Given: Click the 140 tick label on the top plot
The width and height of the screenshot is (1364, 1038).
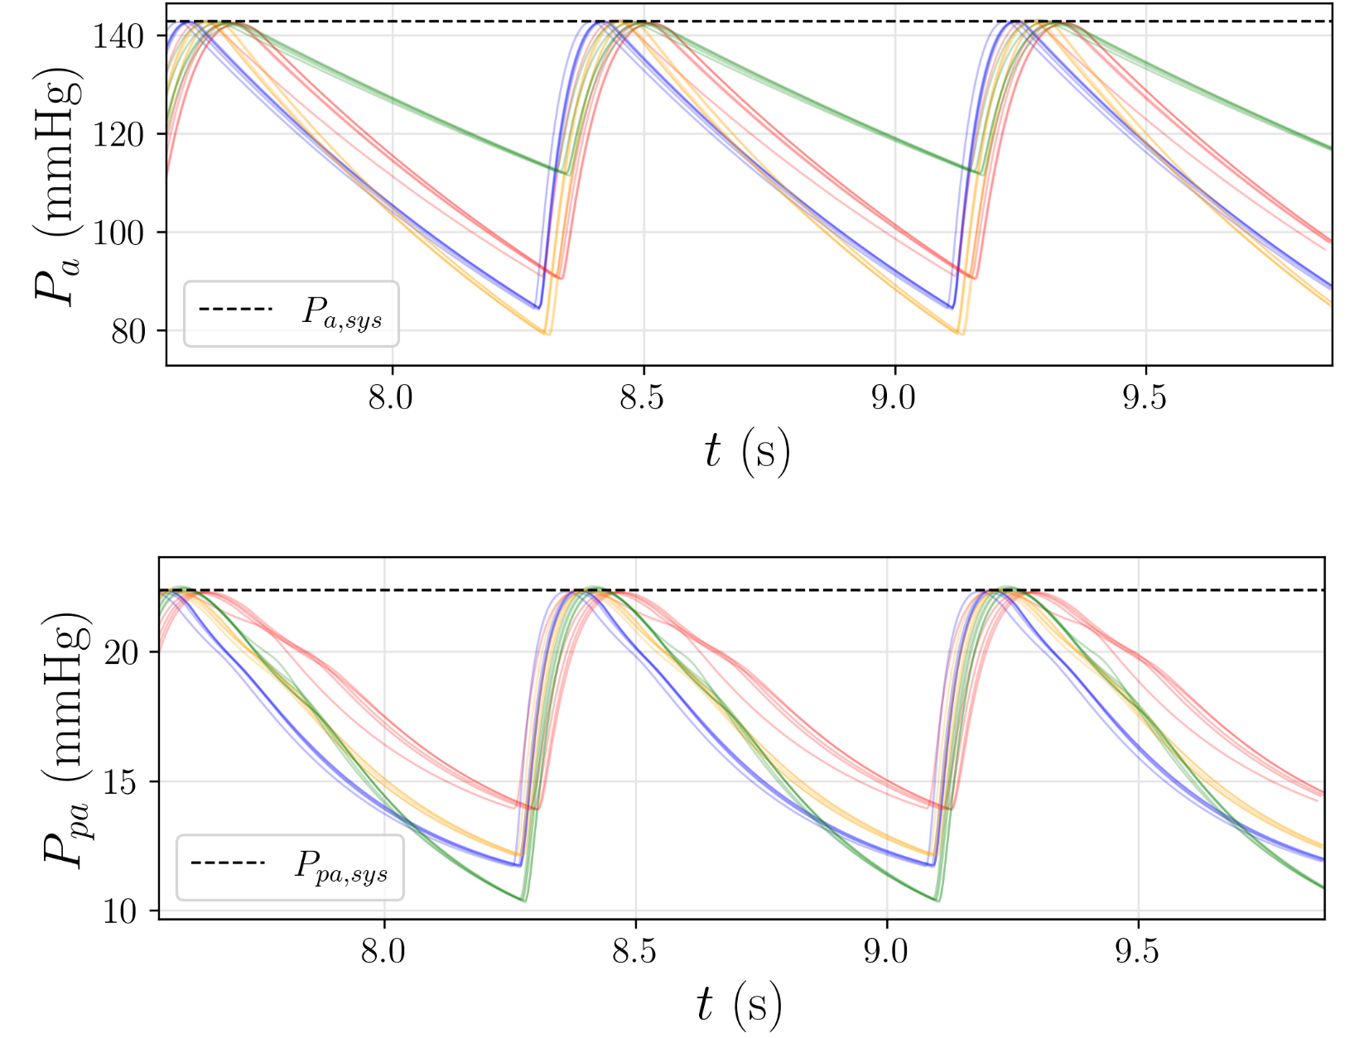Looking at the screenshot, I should pos(118,36).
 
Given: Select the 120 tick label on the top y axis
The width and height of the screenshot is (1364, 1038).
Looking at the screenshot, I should pos(118,134).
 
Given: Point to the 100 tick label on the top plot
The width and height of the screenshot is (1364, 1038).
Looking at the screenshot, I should pos(118,233).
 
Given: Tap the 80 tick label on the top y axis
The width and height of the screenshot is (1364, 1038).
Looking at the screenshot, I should pos(128,331).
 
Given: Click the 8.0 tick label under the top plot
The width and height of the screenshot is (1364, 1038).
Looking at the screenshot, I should pos(391,398).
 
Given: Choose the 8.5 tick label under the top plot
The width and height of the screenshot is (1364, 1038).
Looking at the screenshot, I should pos(642,398).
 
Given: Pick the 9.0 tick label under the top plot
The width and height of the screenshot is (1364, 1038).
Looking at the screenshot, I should pos(894,398).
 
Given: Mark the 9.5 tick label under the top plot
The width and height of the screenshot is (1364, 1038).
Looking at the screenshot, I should pos(1145,398).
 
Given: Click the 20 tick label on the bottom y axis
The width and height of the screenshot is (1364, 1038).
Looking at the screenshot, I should pos(121,653).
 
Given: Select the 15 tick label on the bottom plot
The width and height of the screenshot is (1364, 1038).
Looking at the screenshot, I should pos(121,782).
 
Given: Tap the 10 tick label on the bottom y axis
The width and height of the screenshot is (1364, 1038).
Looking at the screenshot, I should pos(121,911).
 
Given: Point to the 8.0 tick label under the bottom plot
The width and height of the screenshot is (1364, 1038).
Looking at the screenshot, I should pos(383,952).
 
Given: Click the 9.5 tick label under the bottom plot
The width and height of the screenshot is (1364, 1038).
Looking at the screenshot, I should pos(1137,952).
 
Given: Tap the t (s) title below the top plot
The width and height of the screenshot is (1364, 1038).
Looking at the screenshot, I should pos(747,452).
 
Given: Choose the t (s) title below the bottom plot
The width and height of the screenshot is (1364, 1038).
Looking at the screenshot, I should pos(739,1005).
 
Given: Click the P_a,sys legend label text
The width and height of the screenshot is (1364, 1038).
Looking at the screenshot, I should pos(342,314).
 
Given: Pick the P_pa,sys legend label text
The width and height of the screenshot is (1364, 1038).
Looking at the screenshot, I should pos(340,867).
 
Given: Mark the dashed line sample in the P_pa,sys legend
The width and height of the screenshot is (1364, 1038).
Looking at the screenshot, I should pos(228,863).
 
